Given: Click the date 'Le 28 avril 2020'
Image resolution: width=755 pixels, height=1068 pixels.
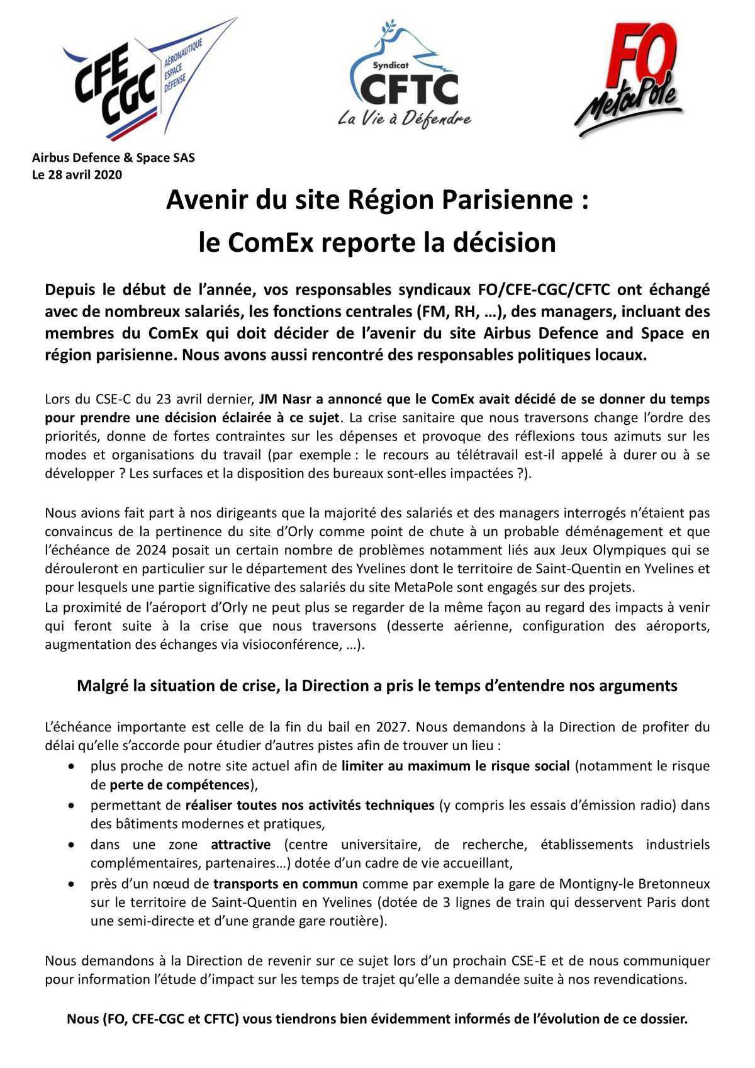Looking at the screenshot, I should point(77,174).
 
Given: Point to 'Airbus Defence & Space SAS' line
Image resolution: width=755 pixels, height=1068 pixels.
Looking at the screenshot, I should point(113,157).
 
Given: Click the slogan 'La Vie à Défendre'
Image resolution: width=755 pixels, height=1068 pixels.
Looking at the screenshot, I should point(404,118).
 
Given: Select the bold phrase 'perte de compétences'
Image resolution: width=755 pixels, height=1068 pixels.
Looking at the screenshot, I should point(179,785).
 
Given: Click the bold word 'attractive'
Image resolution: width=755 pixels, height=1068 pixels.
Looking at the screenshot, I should point(240,844).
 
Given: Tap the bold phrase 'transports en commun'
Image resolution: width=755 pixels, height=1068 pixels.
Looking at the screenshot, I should point(286,883).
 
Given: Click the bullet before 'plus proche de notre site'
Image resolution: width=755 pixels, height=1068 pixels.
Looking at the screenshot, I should point(74,767).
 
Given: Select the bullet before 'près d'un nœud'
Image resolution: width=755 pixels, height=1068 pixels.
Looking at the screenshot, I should point(74,884).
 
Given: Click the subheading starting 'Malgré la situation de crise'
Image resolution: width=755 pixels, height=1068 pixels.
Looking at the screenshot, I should point(377,685).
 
